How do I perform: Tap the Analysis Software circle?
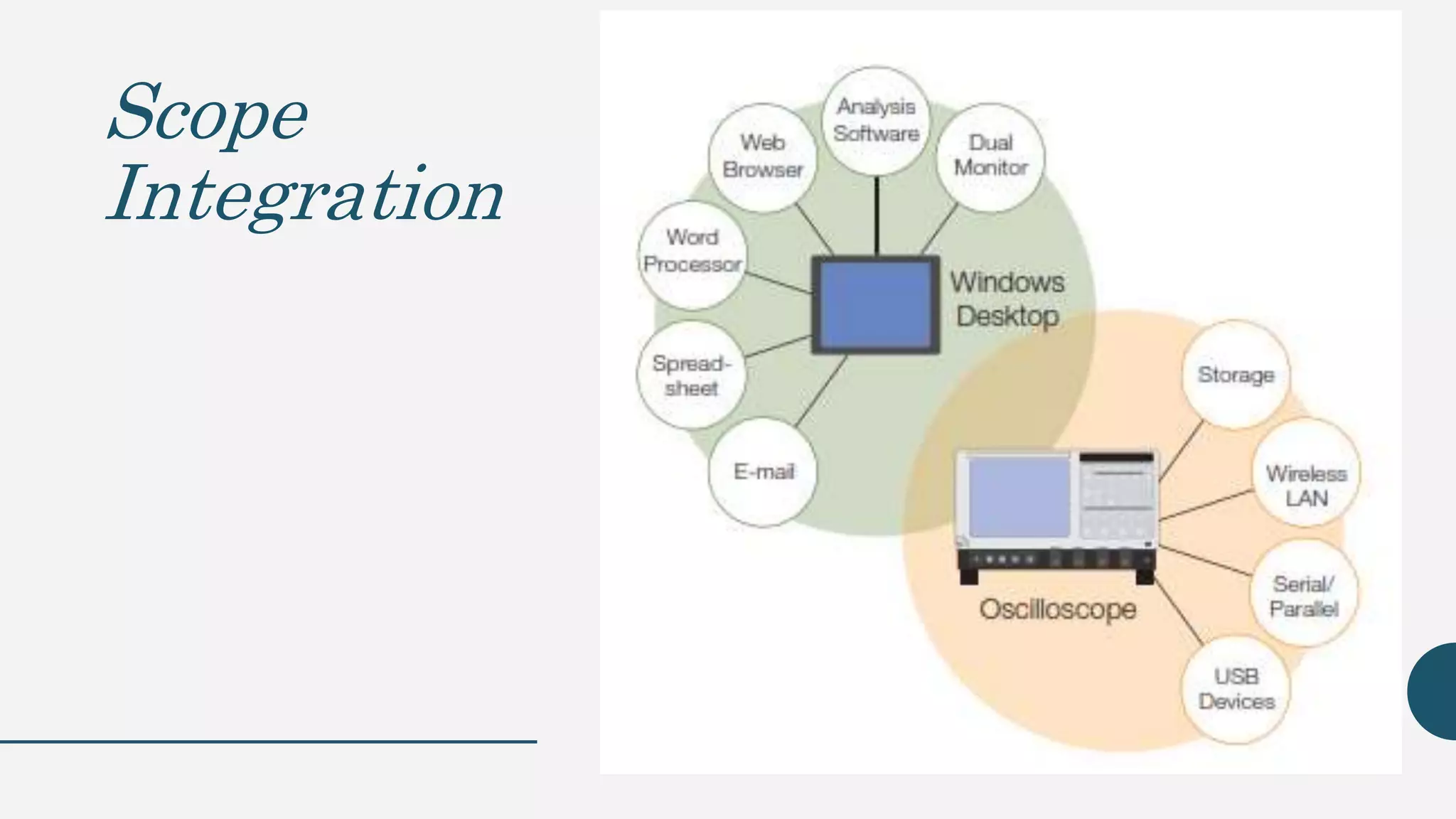pyautogui.click(x=876, y=120)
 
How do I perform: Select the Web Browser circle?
pyautogui.click(x=763, y=157)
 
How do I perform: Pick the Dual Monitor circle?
pyautogui.click(x=990, y=156)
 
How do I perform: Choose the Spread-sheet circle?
pyautogui.click(x=691, y=375)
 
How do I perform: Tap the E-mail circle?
pyautogui.click(x=763, y=472)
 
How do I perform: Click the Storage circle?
pyautogui.click(x=1236, y=375)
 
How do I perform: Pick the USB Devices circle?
pyautogui.click(x=1236, y=689)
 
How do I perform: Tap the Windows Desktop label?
pyautogui.click(x=1007, y=299)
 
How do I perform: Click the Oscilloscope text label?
pyautogui.click(x=1057, y=609)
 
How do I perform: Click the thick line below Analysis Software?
pyautogui.click(x=877, y=216)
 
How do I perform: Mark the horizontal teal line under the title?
pyautogui.click(x=268, y=742)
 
